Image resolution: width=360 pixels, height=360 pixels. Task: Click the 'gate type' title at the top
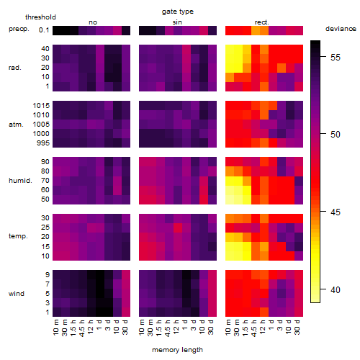[178, 12]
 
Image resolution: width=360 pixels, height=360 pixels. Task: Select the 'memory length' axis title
[177, 350]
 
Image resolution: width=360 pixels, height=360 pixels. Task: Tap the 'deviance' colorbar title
[341, 29]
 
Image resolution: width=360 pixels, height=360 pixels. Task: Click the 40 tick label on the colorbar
[336, 290]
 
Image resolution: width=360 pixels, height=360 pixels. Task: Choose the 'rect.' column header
[262, 22]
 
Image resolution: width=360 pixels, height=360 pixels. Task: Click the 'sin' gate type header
[177, 22]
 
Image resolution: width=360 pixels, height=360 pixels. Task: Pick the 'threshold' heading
[40, 17]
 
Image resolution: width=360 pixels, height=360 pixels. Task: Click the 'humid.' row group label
[20, 181]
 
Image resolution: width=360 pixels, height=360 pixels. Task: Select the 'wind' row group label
[17, 294]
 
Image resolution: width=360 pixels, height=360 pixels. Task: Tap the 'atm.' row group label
[16, 125]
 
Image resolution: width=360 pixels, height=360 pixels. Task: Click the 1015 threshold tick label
[41, 106]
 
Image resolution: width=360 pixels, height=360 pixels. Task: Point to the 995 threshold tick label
[43, 143]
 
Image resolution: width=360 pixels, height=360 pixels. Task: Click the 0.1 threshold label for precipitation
[44, 30]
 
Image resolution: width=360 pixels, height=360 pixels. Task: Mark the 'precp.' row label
[19, 30]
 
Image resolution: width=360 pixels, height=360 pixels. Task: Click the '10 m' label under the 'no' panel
[56, 328]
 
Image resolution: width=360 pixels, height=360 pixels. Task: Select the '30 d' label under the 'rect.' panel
[297, 328]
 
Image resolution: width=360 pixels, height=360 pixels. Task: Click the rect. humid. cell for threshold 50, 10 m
[230, 199]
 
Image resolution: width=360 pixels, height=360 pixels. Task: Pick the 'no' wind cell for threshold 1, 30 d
[126, 312]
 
